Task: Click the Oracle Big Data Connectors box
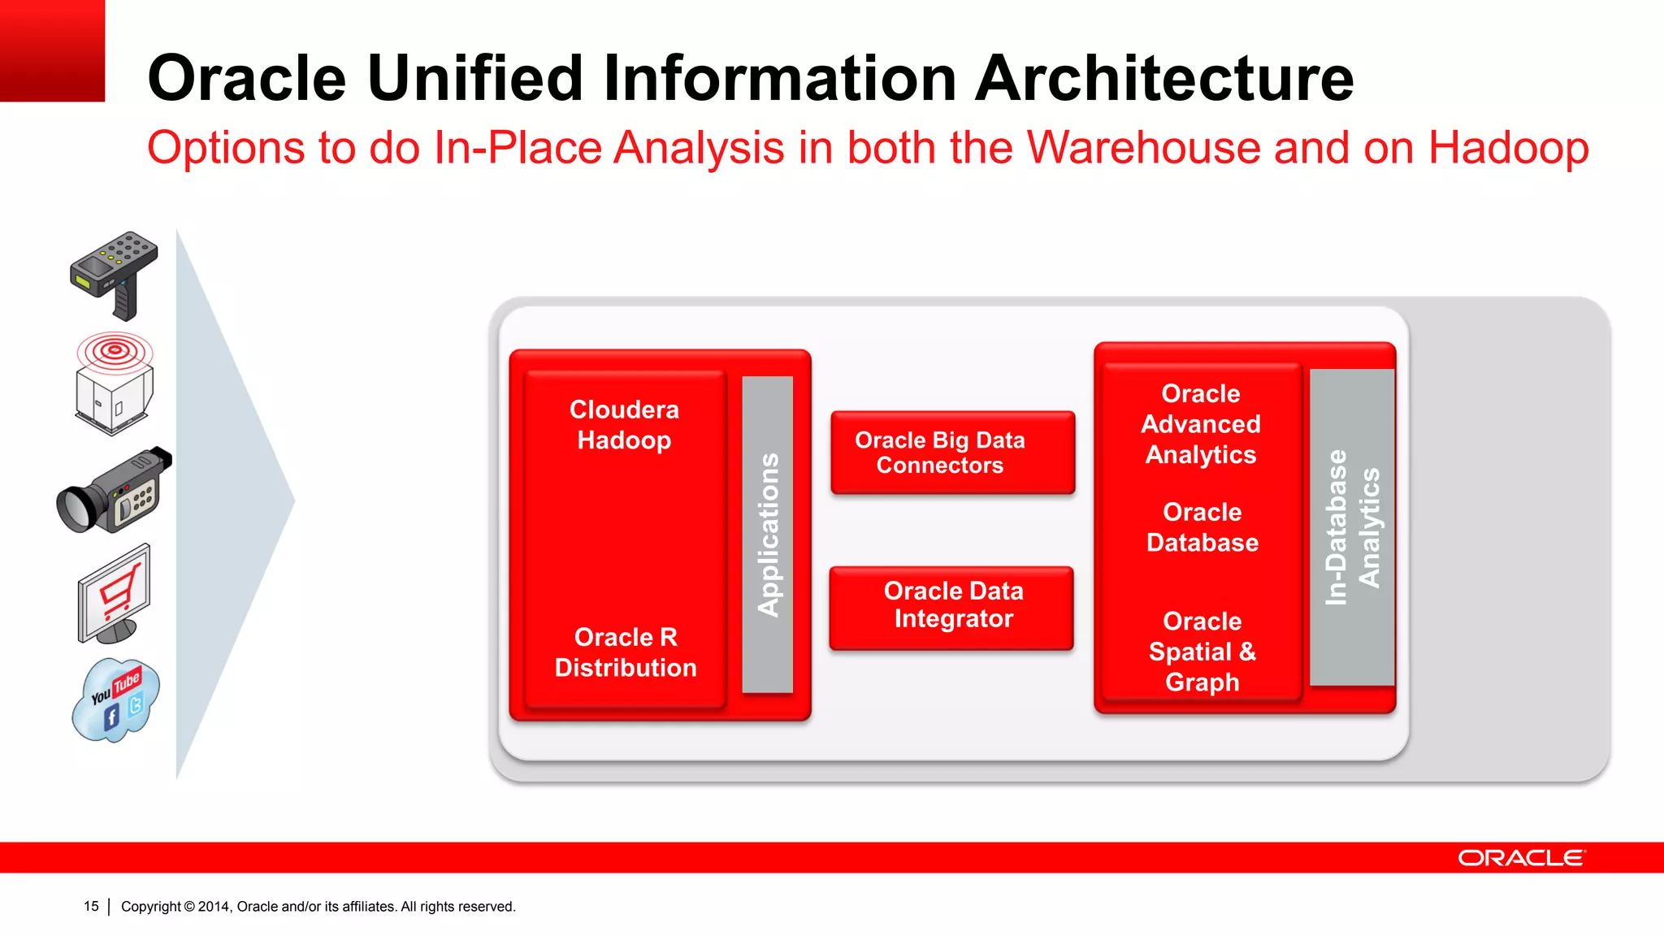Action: tap(952, 453)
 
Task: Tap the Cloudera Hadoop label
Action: tap(624, 424)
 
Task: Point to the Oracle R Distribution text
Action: tap(625, 652)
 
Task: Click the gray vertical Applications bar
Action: tap(767, 534)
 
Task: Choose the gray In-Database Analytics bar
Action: tap(1351, 526)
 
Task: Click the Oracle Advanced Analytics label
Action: tap(1201, 423)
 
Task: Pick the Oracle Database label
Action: tap(1202, 526)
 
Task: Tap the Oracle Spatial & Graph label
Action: tap(1202, 651)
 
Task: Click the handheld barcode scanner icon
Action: tap(114, 272)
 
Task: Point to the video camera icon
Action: tap(114, 491)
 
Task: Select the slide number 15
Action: tap(91, 906)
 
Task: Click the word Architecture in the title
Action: tap(1164, 78)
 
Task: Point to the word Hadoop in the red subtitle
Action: tap(1508, 148)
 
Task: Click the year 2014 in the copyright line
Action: tap(214, 906)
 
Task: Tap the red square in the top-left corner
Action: tap(52, 50)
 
